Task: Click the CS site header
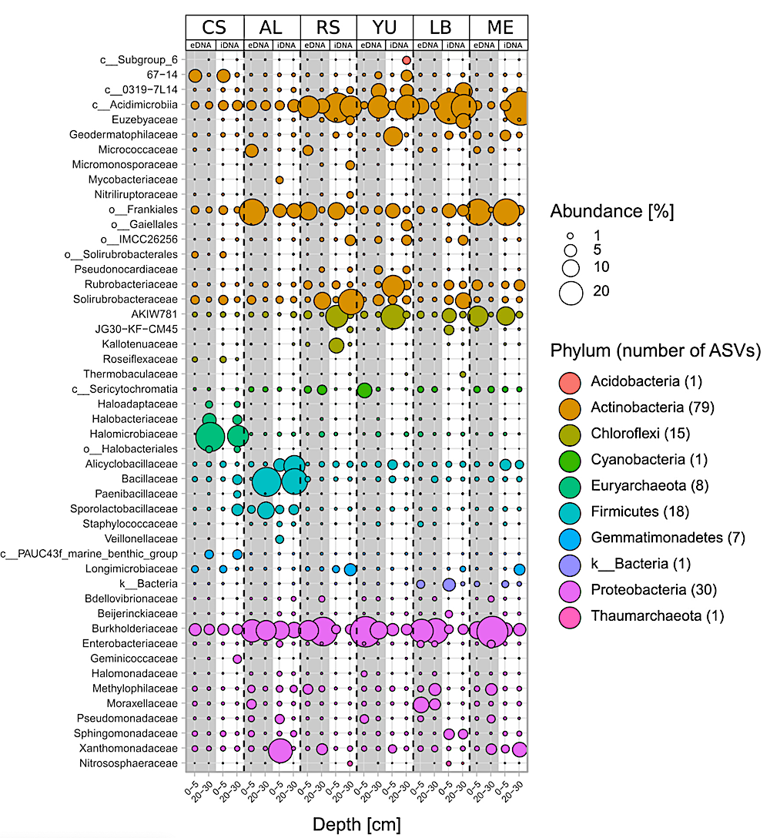point(215,28)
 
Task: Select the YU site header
point(384,28)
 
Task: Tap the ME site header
point(499,28)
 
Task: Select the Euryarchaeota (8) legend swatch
point(571,485)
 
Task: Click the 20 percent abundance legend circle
point(571,293)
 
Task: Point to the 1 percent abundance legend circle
point(571,235)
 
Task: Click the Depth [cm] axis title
point(357,824)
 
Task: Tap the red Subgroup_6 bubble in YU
point(407,60)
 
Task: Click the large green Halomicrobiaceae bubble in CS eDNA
point(209,436)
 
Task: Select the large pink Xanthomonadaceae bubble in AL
point(280,749)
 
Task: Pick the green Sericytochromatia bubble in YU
point(364,390)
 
